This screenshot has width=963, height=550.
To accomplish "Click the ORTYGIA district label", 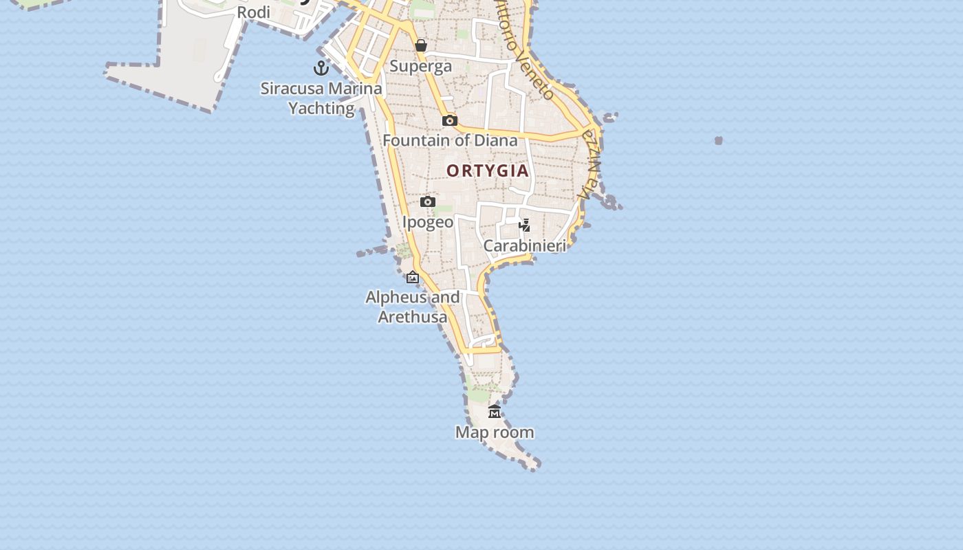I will [x=488, y=170].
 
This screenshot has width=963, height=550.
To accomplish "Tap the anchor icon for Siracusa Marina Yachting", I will [x=321, y=68].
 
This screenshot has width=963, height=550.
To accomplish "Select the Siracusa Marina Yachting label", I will [x=321, y=98].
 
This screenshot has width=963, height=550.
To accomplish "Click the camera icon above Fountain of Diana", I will [x=450, y=121].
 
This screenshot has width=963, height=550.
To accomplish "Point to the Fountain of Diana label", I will [x=450, y=141].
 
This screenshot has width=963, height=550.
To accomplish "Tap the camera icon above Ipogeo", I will [x=428, y=202].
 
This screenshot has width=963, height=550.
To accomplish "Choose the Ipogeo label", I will [x=428, y=222].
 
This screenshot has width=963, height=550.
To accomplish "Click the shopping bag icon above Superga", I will [x=421, y=46].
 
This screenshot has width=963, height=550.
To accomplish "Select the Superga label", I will [x=421, y=66].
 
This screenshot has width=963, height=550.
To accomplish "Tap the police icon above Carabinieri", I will [x=525, y=225].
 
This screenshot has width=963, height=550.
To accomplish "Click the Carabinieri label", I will [x=525, y=245].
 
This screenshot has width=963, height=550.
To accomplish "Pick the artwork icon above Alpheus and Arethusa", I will [x=413, y=278].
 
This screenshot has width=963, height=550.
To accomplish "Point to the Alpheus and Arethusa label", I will [x=413, y=307].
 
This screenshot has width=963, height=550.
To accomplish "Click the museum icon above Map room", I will [x=495, y=412].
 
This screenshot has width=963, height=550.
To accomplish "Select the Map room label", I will [x=495, y=432].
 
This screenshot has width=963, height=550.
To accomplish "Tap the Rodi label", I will [x=254, y=12].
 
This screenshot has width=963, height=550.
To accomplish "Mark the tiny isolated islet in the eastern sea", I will [x=719, y=140].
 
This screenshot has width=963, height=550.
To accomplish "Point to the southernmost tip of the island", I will [x=536, y=467].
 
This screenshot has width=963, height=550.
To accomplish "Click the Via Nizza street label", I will [x=590, y=165].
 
